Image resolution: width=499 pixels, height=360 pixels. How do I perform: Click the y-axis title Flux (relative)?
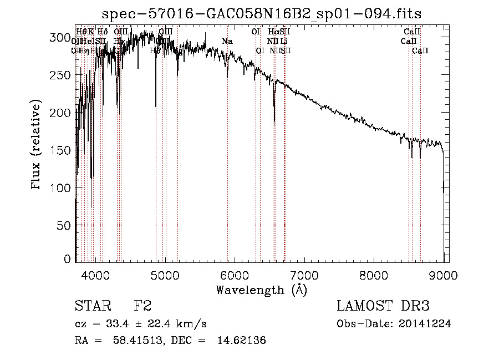tap(37, 146)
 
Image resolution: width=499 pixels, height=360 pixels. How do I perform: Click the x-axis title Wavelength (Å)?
tap(262, 290)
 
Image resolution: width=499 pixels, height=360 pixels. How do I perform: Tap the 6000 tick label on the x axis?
tap(235, 275)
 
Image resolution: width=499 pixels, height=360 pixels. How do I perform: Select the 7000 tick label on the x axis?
tap(305, 275)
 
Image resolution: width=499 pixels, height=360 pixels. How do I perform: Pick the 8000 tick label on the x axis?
tap(374, 275)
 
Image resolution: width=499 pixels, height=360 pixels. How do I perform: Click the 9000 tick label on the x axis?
tap(444, 275)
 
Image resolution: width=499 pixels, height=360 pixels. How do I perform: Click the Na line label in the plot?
tap(227, 41)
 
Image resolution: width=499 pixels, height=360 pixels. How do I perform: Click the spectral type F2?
tap(142, 306)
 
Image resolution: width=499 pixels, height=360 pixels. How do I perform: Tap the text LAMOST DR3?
tap(383, 306)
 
